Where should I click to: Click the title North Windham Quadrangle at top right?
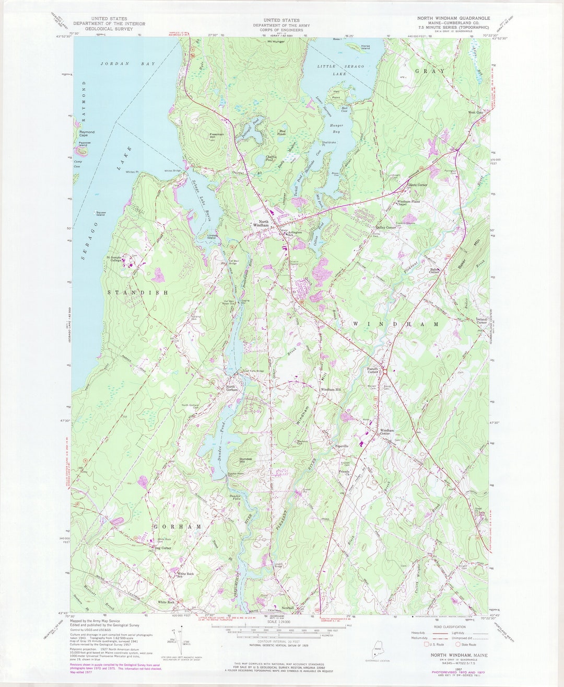453,18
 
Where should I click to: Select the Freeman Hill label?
216,135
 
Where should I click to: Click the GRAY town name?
430,71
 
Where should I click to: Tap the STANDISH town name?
138,293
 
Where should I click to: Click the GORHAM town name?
178,527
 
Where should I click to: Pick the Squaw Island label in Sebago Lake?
99,214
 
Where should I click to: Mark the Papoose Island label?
84,144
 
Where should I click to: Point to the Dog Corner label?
162,548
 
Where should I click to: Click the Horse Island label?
365,47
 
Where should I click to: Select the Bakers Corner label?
434,271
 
